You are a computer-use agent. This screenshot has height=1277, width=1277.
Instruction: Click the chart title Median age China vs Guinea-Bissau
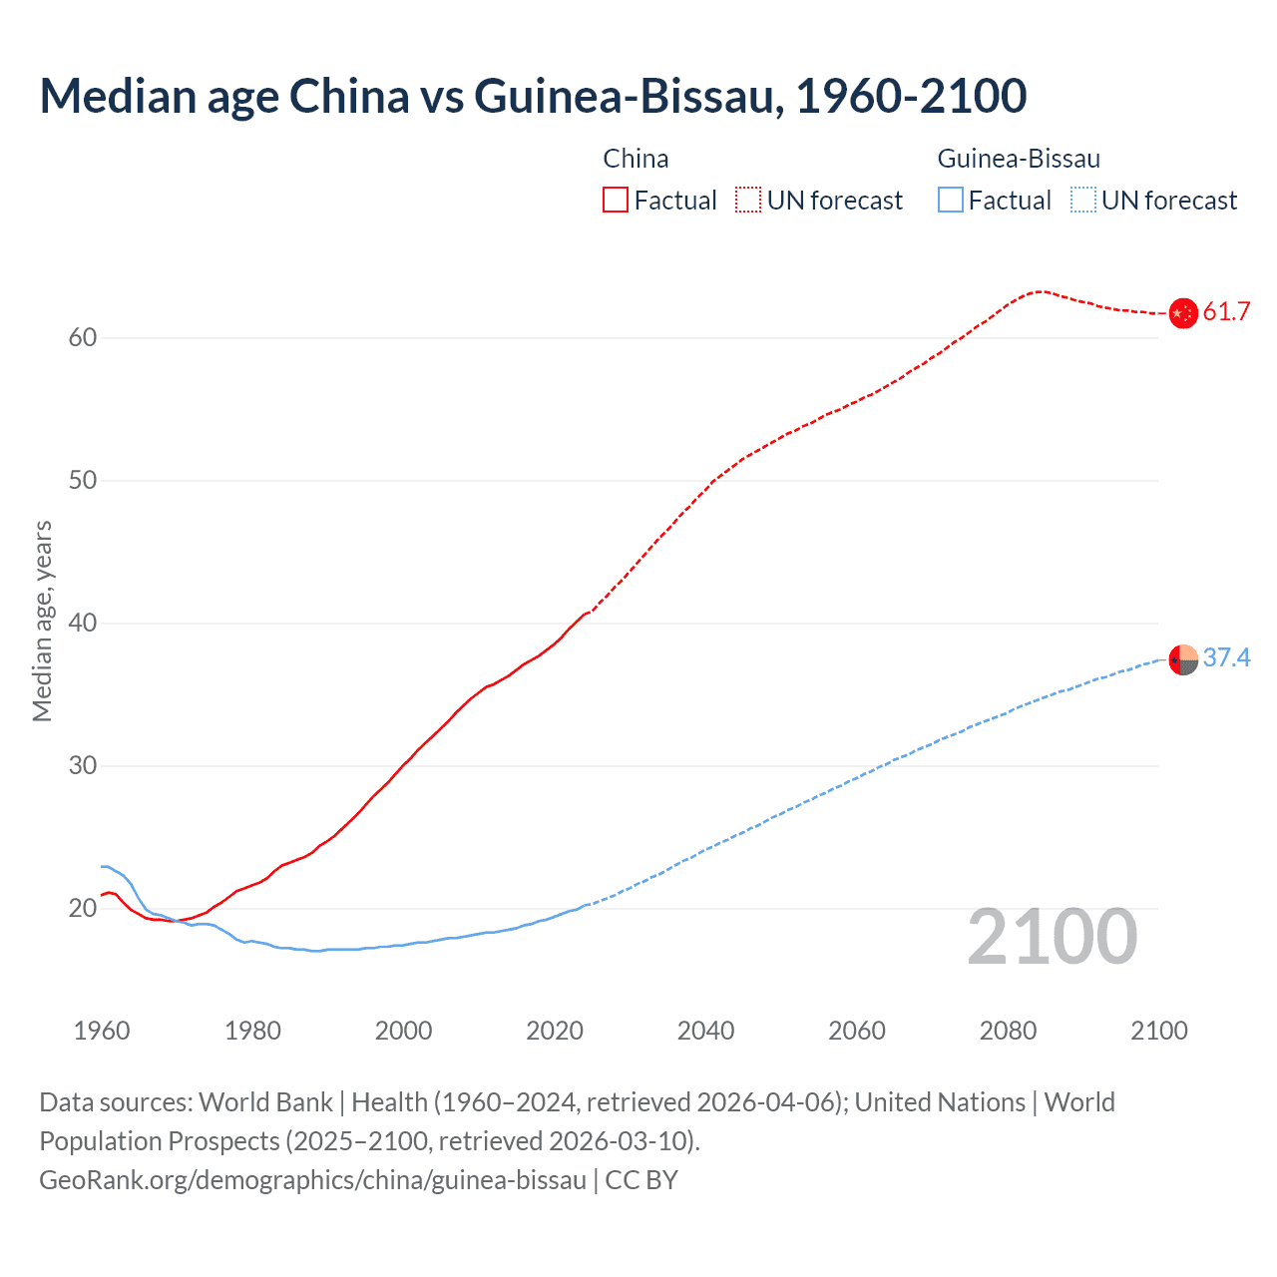click(533, 96)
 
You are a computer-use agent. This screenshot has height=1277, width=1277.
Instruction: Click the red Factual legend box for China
click(616, 201)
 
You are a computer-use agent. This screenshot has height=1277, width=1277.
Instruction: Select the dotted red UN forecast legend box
click(748, 201)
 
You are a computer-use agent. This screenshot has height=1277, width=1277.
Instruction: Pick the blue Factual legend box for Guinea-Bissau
click(951, 201)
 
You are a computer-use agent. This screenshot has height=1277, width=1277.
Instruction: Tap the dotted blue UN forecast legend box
click(1083, 201)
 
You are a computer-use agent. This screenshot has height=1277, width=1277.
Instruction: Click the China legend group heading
click(636, 159)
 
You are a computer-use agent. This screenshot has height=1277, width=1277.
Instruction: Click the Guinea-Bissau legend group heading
click(1019, 159)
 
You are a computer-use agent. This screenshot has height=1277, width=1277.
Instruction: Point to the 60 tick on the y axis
click(83, 337)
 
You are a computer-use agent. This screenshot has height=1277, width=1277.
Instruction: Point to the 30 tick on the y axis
click(83, 766)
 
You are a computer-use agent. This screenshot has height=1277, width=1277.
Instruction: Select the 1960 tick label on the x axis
click(102, 1031)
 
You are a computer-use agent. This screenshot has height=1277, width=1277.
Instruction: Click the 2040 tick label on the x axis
click(705, 1031)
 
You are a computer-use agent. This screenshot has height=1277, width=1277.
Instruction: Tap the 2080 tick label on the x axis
click(1008, 1031)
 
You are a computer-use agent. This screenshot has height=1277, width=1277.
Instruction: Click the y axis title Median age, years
click(42, 621)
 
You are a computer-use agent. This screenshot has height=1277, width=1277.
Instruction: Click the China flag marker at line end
click(1182, 313)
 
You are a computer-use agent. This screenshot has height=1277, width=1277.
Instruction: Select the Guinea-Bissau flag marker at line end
click(1182, 659)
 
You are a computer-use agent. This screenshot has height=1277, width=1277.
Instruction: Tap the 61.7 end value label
click(1226, 312)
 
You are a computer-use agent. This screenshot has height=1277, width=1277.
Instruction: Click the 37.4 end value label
click(1226, 658)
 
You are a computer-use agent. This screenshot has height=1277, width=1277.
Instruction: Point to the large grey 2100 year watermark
click(1052, 937)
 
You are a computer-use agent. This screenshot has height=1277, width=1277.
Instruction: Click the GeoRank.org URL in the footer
click(312, 1180)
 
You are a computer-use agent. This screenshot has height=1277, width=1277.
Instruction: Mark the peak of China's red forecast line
click(1041, 291)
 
